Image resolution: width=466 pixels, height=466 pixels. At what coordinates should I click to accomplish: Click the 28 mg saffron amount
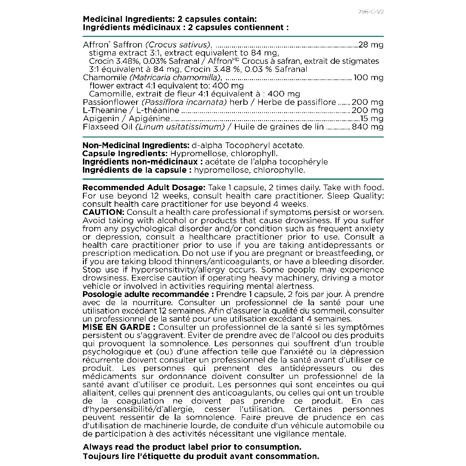tap(370, 45)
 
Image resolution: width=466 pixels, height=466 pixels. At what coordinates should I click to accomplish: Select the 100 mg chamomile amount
tap(369, 77)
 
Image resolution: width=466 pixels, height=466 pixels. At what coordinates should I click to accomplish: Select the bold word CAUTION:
tap(100, 212)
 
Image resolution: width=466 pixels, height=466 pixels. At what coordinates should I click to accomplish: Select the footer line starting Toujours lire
tap(201, 456)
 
